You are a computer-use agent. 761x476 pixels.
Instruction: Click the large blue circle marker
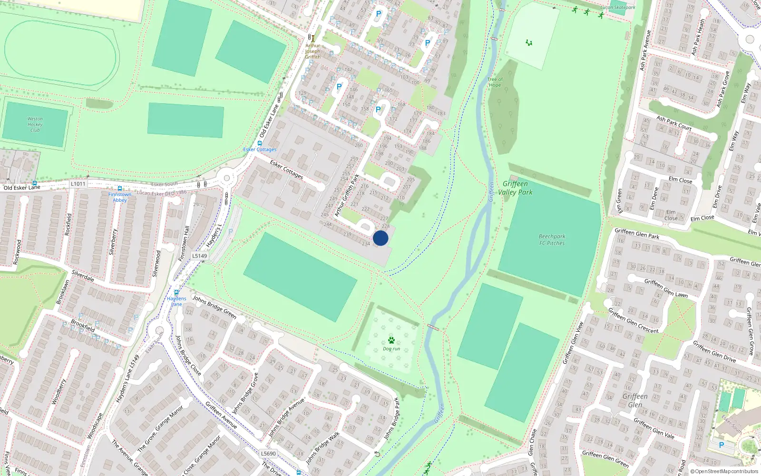[x=380, y=238]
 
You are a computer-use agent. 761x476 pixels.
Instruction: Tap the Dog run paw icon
[x=391, y=340]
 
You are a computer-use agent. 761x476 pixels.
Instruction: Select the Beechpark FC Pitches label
[x=552, y=239]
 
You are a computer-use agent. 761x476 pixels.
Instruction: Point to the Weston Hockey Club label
[x=35, y=124]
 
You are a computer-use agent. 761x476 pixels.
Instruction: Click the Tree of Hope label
[x=495, y=82]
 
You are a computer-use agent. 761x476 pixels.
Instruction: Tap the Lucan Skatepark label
[x=617, y=8]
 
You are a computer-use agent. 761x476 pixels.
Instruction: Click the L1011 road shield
[x=78, y=184]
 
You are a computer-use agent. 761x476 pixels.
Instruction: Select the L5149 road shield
[x=200, y=256]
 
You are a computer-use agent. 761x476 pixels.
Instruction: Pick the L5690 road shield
[x=268, y=454]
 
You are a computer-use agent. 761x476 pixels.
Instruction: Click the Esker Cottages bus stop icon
[x=260, y=143]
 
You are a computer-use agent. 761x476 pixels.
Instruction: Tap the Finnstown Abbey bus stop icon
[x=120, y=188]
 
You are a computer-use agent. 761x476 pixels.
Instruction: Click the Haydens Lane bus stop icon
[x=176, y=293]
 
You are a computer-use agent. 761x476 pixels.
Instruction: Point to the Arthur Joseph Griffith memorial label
[x=312, y=51]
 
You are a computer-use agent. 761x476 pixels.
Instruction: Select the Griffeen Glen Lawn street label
[x=666, y=288]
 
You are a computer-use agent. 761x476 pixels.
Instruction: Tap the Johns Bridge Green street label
[x=215, y=307]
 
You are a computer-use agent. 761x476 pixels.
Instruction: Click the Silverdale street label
[x=83, y=276]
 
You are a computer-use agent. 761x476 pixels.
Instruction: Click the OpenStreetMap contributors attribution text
[x=724, y=472]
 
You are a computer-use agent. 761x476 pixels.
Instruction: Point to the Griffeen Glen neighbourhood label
[x=635, y=400]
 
